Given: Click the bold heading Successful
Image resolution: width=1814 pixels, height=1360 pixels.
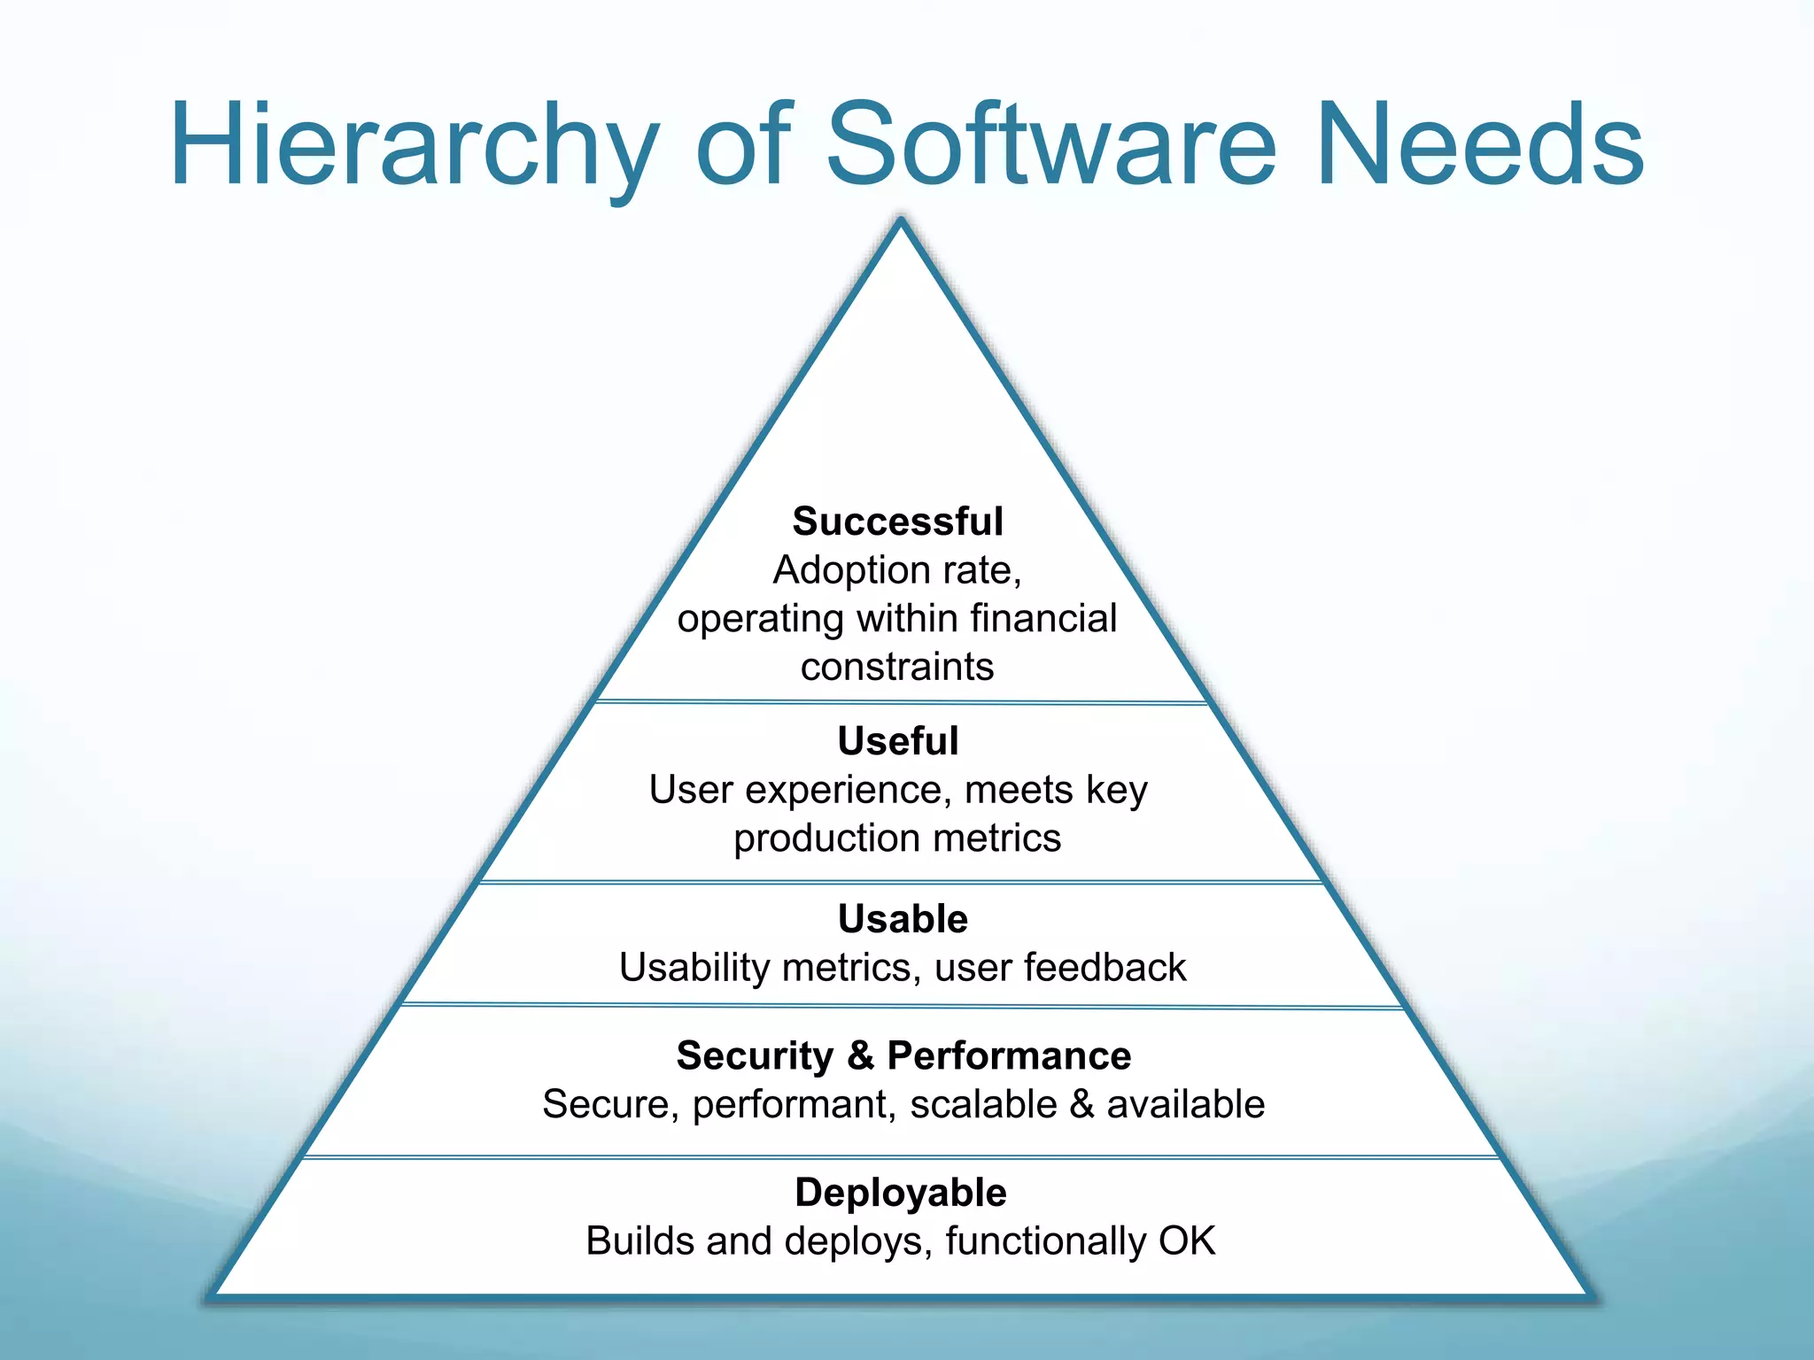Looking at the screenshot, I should tap(897, 522).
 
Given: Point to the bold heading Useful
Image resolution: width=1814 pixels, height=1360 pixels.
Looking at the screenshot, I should tap(897, 741).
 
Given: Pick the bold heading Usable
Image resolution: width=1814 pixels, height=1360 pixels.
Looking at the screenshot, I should tap(903, 919).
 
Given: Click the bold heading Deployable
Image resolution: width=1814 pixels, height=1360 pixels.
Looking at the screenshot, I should tap(901, 1193).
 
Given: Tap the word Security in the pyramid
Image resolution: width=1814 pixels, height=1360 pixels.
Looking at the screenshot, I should tap(755, 1056).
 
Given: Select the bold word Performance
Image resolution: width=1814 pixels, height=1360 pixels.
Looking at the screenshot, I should tap(1009, 1055).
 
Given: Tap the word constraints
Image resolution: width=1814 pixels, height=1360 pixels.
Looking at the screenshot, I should tap(897, 667).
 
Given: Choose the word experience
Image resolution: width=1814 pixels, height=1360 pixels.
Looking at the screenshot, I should tap(848, 791).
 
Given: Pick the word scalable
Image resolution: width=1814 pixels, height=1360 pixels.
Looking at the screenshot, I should tap(983, 1105).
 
